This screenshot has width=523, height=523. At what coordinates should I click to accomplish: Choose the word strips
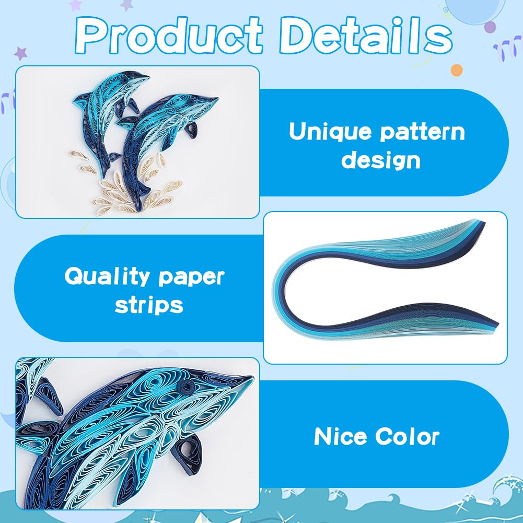[149, 305]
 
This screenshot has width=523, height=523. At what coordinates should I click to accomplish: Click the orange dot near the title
[457, 69]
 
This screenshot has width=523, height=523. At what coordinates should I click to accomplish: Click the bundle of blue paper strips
[384, 282]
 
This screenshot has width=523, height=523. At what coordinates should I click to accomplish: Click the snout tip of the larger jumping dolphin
[217, 97]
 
